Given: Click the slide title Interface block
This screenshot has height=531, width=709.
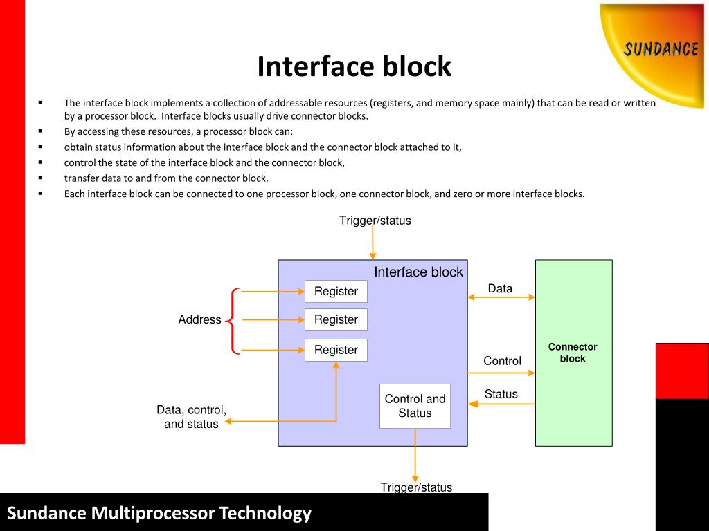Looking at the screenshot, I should click(354, 67).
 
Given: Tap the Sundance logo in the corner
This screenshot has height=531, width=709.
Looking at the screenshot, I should click(658, 50).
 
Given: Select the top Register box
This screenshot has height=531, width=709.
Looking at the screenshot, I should click(336, 292).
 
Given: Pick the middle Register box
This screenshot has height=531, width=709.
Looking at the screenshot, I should click(336, 320).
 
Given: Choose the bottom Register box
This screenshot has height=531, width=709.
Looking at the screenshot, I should click(336, 351).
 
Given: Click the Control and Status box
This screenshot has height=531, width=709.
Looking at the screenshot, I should click(415, 407).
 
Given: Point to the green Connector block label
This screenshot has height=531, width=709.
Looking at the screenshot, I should click(573, 353).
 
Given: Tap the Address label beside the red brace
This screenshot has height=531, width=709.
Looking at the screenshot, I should click(199, 319).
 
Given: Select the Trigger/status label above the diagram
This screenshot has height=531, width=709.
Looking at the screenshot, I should click(375, 221).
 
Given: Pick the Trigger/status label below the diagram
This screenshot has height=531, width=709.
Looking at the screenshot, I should click(416, 487).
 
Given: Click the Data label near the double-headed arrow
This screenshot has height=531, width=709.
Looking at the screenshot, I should click(500, 288).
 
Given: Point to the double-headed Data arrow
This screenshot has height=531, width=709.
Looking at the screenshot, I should click(501, 297).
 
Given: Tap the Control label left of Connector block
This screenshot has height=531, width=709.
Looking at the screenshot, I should click(502, 360).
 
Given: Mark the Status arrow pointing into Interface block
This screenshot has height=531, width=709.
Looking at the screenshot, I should click(501, 404).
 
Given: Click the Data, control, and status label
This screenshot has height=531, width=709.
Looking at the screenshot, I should click(191, 417).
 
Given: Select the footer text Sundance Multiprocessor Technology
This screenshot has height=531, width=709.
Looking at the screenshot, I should click(159, 513).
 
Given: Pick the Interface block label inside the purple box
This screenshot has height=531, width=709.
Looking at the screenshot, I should click(418, 272).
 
